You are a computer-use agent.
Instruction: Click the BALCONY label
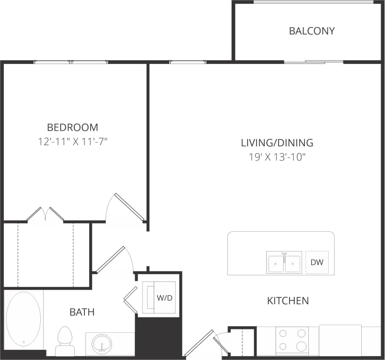click(x=312, y=31)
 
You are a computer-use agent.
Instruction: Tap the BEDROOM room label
click(x=72, y=127)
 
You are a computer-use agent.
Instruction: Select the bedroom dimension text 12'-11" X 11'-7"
click(x=72, y=141)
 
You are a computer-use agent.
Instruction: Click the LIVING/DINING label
click(x=277, y=143)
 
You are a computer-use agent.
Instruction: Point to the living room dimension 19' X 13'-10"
click(x=277, y=157)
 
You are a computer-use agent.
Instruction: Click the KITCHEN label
click(x=288, y=301)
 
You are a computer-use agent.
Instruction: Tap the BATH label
click(x=82, y=312)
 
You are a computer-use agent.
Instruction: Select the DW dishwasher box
click(x=317, y=263)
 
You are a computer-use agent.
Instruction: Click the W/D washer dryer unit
click(x=159, y=297)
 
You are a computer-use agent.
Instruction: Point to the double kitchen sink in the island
click(x=284, y=263)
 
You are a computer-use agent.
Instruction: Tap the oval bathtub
click(x=23, y=319)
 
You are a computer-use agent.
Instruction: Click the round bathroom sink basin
click(x=102, y=344)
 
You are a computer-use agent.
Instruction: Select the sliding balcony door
click(x=313, y=62)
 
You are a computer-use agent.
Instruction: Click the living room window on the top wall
click(x=187, y=62)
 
